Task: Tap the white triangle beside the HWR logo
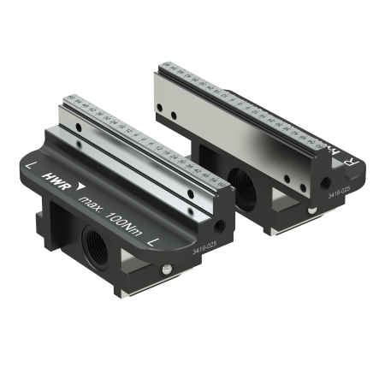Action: pos(80,187)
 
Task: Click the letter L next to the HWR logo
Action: pos(32,162)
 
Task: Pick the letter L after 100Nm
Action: pos(151,242)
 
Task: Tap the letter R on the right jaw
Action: pos(334,160)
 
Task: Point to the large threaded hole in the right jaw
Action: pos(240,181)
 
